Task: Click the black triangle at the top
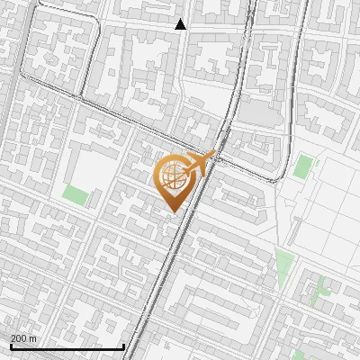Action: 181,24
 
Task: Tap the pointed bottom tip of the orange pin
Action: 172,211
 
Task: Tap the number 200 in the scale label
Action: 19,338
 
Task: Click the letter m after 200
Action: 33,338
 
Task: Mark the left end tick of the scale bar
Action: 11,346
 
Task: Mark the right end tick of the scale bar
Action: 123,346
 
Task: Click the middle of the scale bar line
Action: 67,347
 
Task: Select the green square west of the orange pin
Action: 76,194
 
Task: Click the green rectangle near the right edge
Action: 304,166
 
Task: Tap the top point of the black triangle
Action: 181,19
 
